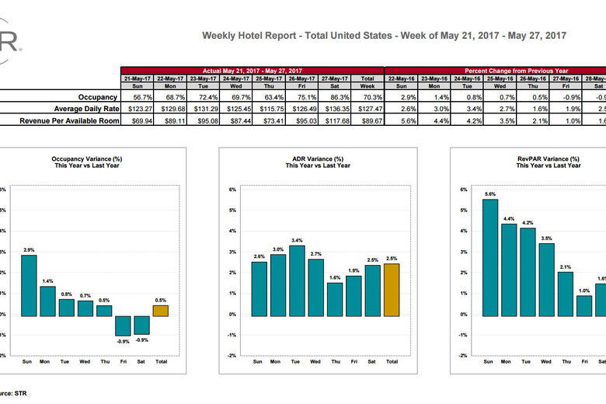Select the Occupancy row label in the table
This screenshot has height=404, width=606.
(x=97, y=97)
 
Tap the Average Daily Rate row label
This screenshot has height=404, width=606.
(x=85, y=109)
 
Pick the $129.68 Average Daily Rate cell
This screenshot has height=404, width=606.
(x=170, y=109)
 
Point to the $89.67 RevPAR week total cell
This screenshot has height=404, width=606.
(x=367, y=120)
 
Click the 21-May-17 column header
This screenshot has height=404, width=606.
(x=137, y=78)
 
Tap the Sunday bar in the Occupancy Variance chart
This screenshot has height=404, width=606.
(x=28, y=285)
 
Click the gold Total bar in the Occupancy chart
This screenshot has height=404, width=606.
(x=160, y=310)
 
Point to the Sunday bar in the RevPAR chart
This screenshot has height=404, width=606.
(x=489, y=257)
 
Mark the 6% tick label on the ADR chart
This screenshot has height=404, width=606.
(x=232, y=190)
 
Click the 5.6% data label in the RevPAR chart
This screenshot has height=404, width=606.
(x=489, y=193)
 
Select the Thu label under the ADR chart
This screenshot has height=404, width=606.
(x=335, y=361)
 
